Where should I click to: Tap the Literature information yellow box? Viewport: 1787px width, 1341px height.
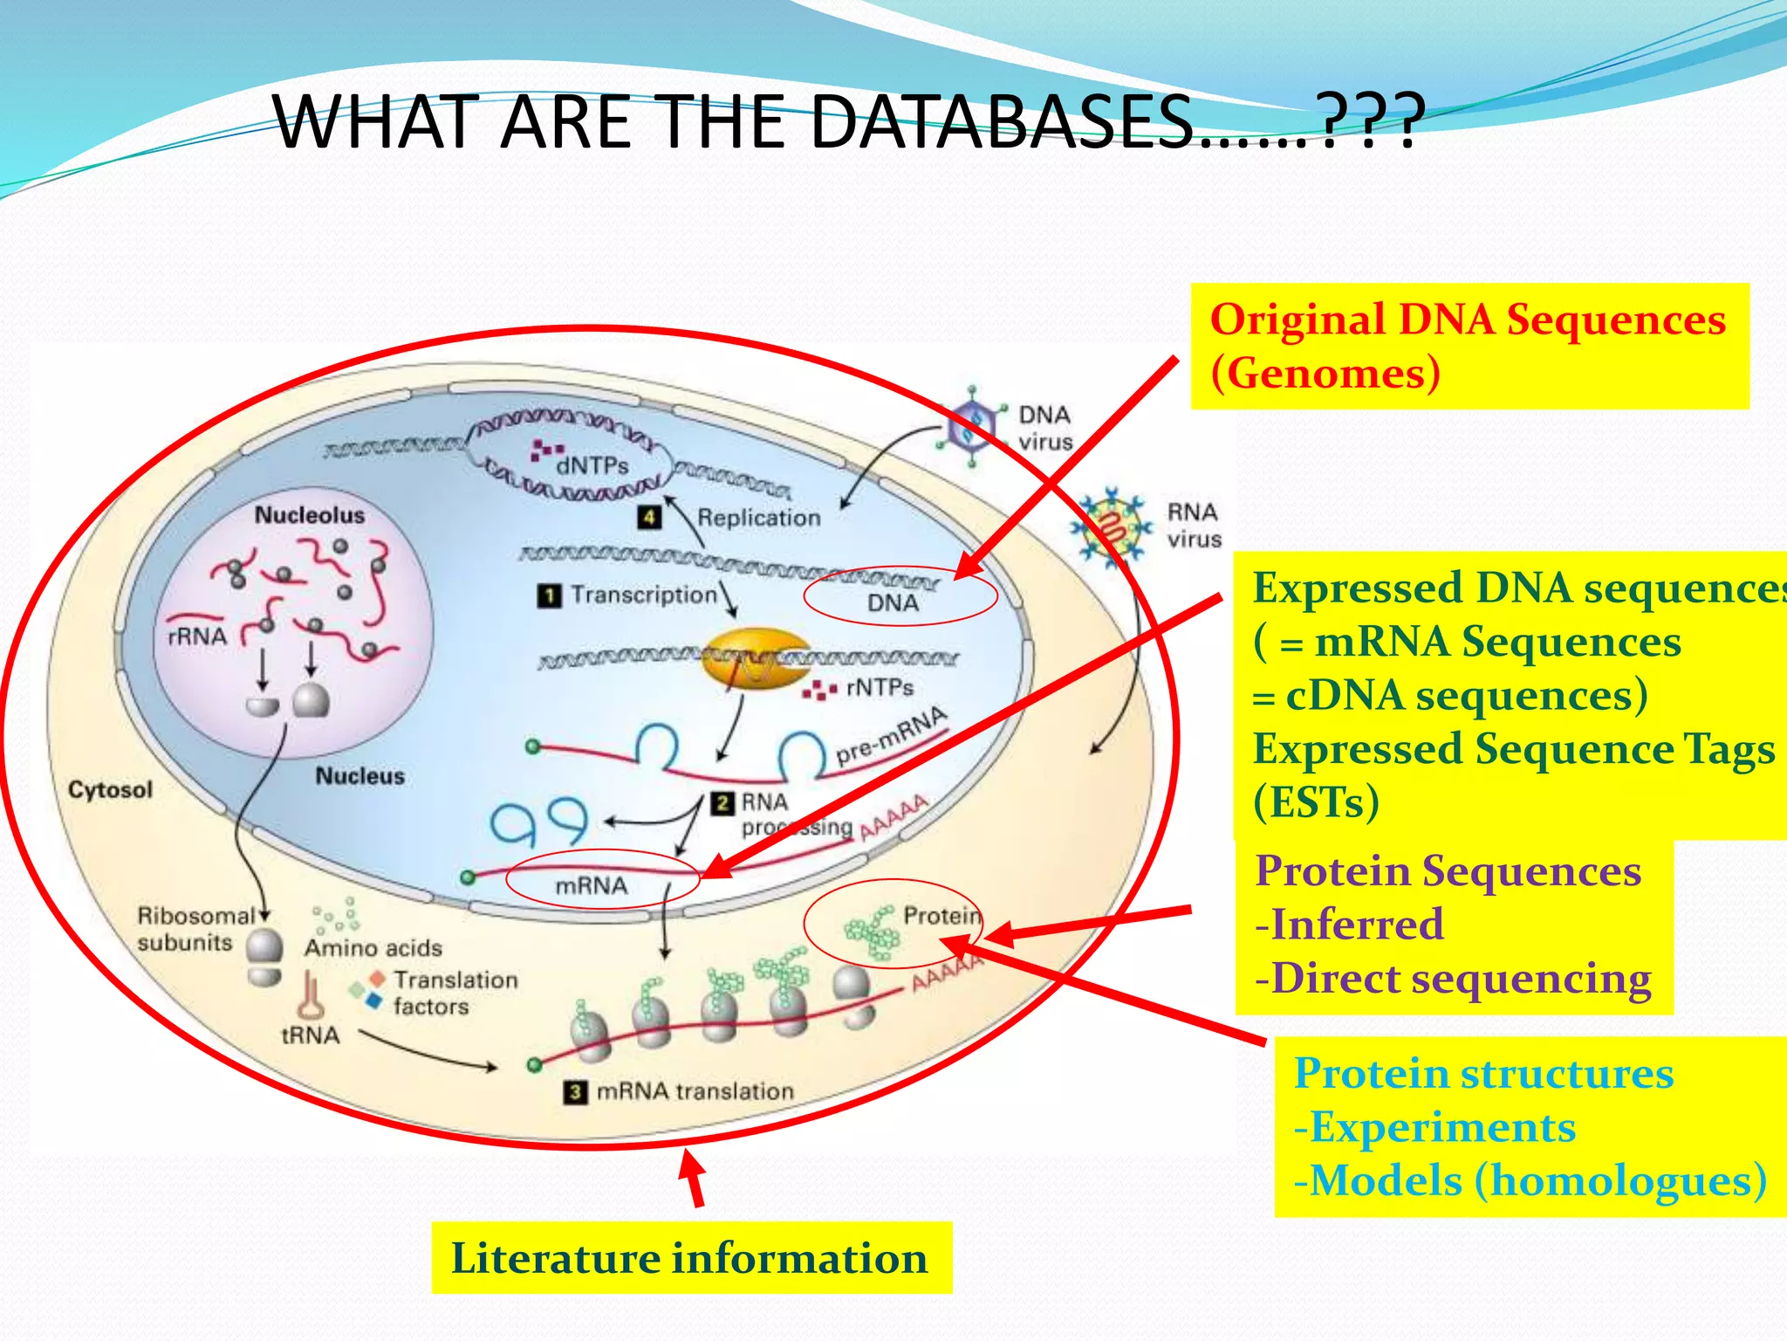(690, 1258)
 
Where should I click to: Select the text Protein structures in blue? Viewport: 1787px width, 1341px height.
(1482, 1073)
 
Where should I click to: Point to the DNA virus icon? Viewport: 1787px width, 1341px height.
(972, 427)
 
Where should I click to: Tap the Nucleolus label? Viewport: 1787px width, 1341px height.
(309, 515)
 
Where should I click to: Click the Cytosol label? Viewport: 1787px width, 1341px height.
(110, 789)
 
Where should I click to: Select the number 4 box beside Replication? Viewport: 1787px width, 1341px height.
(649, 517)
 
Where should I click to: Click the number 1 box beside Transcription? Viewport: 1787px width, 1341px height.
(549, 595)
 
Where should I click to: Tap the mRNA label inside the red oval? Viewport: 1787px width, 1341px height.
(592, 885)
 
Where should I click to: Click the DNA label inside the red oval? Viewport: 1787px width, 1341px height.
(893, 602)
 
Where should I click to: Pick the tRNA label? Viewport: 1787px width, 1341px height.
(310, 1035)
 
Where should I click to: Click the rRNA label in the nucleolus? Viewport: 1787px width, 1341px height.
(197, 636)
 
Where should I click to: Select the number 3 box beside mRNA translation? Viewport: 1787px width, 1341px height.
(575, 1091)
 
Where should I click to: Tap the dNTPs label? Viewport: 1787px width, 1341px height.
(592, 465)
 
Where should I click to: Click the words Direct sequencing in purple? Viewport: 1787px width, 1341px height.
(1462, 979)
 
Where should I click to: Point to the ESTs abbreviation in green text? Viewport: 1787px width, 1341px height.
(1316, 802)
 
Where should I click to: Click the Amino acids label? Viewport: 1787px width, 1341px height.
(373, 947)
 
